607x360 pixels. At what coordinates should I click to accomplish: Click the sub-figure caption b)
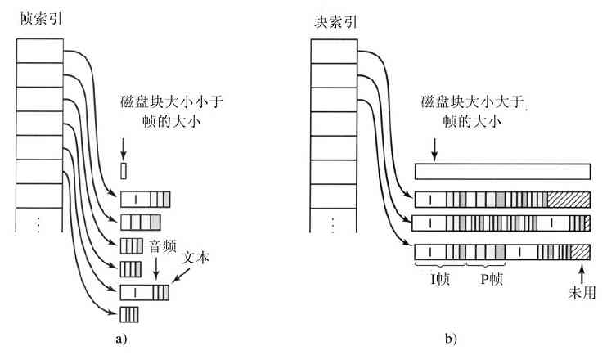[452, 337]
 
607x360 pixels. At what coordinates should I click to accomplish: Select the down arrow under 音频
[155, 268]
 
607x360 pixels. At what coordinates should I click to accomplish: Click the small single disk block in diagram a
[124, 171]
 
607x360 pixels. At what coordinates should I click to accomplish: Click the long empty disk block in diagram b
[501, 172]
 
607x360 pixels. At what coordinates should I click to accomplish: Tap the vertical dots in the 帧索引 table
[39, 222]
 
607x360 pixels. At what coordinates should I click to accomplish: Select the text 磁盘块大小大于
[469, 104]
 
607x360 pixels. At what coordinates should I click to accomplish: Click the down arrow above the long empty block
[434, 147]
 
